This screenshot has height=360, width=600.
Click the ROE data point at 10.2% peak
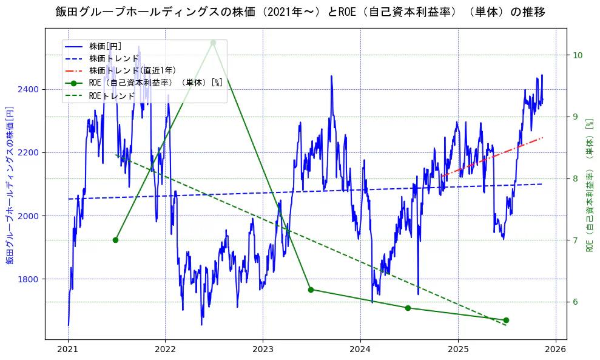coord(213,42)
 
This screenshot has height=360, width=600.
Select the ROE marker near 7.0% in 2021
coord(115,240)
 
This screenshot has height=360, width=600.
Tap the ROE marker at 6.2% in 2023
coord(311,290)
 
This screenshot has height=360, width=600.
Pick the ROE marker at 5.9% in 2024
coord(408,308)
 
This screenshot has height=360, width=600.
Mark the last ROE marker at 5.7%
coord(506,320)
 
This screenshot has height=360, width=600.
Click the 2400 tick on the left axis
coord(28,90)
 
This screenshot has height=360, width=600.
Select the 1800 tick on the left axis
coord(28,279)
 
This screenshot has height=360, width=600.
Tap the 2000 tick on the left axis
coord(28,216)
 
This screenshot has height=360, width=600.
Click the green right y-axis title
coord(589,185)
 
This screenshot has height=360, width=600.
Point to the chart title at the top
coord(300,12)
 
